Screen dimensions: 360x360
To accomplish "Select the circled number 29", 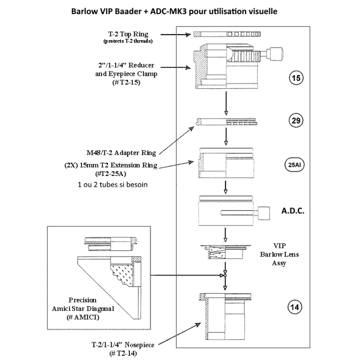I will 295,121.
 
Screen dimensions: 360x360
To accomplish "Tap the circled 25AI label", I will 295,165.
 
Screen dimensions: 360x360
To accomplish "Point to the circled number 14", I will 295,306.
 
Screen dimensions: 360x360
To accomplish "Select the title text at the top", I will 180,10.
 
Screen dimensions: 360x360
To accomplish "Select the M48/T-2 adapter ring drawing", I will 225,121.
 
